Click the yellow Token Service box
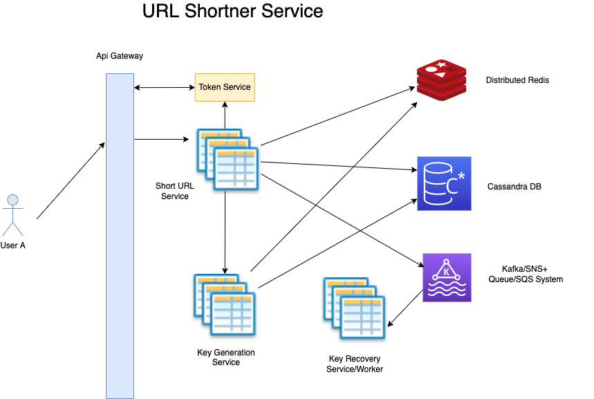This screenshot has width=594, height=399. coord(225,88)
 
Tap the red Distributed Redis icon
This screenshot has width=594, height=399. coord(442,80)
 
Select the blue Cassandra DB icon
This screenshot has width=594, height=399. coord(443,184)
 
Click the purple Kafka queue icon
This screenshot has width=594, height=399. coord(447,277)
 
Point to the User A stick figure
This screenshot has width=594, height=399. coord(12,215)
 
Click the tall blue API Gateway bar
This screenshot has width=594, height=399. coord(120,235)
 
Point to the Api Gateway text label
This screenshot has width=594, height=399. coord(120,56)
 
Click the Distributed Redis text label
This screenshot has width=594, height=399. coord(517,80)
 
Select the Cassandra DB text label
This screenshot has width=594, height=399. coord(514,187)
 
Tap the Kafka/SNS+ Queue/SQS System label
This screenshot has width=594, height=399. coord(532,275)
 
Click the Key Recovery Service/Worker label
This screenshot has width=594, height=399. coord(354,364)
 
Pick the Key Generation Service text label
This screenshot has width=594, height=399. coord(225,358)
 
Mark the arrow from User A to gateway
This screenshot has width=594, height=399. coord(71,181)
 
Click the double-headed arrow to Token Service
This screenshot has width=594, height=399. coord(165,87)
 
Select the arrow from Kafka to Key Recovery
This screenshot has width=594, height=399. coord(406,308)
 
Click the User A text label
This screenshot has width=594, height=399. coord(12,245)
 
